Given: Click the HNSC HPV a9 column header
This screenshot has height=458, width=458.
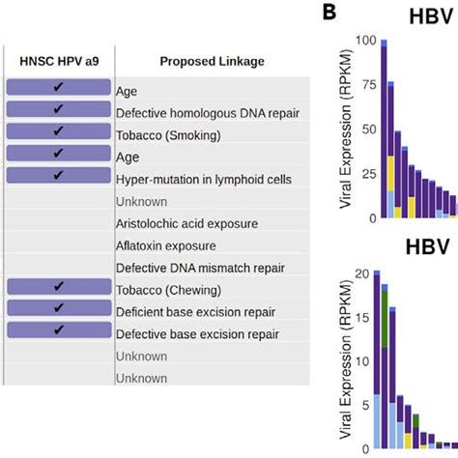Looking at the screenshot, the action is pos(59,61).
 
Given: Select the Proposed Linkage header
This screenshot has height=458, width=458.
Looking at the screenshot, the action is pos(213,62).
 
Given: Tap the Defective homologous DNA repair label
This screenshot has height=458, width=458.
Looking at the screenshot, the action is pos(208,113).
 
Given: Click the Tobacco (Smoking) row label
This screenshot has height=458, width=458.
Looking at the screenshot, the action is pos(168,135).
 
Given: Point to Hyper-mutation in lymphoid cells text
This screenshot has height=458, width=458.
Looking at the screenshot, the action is pos(204,180).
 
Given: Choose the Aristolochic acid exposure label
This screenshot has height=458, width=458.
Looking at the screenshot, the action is pos(187,224).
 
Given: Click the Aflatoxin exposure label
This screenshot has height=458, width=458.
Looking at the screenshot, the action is pos(166,246).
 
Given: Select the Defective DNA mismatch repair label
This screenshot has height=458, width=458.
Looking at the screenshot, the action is pos(200,269).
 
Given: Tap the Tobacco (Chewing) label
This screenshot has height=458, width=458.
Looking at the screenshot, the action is pos(168,291).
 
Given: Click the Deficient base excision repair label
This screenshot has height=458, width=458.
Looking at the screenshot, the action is pos(196,312).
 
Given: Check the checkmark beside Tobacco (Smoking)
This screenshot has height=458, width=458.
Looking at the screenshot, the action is pos(58,130).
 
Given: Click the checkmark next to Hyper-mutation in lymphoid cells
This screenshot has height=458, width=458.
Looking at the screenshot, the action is pos(58,175).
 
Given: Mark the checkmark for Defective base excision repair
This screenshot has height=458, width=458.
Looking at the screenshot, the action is pos(59,329).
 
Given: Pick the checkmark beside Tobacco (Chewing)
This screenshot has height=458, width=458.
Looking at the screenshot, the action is pos(59,286).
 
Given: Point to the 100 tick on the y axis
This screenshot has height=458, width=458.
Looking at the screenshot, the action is pos(366,41).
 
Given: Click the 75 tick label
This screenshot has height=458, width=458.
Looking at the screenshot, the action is pos(369,85).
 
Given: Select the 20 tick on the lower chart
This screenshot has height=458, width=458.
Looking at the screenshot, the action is pos(362,273).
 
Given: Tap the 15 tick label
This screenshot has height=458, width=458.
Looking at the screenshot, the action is pos(362,318).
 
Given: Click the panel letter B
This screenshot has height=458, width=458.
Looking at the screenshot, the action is pos(329,13).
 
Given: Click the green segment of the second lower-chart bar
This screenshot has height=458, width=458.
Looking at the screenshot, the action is pos(385,319).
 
